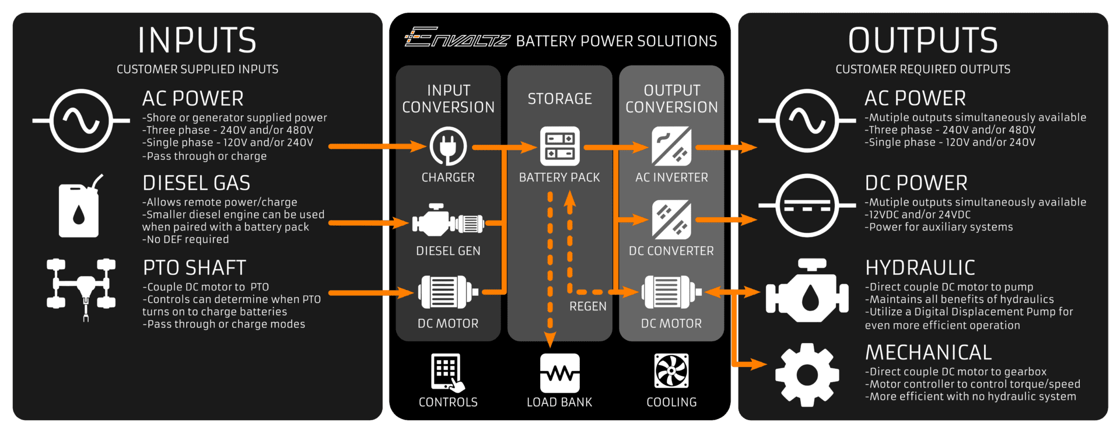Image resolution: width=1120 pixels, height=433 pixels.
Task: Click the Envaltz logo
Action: [457, 38]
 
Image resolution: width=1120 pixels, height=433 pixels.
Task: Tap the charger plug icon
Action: [448, 146]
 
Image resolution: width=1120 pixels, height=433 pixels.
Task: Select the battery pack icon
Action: [559, 146]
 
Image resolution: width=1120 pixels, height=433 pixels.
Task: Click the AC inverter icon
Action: [671, 146]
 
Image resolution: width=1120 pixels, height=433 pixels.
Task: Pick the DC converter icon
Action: [671, 220]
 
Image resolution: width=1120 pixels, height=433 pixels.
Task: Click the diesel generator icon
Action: [448, 222]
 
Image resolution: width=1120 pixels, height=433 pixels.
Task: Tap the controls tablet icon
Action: [447, 372]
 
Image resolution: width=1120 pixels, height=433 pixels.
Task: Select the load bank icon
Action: [559, 373]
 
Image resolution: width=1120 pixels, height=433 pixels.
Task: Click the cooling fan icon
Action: [671, 371]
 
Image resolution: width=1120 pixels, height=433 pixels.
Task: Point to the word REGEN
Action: [588, 306]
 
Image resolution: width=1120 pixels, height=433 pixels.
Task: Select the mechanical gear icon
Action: [807, 375]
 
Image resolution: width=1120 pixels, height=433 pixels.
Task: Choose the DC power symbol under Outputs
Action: [807, 205]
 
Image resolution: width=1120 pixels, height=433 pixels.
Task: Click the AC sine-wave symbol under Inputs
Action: [81, 121]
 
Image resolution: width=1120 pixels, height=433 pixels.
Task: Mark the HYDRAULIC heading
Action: [920, 268]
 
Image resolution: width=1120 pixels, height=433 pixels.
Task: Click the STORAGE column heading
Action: [559, 99]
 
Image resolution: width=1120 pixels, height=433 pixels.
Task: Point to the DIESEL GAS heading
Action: [196, 183]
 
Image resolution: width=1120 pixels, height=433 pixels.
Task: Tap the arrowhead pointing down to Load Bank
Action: [549, 340]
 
